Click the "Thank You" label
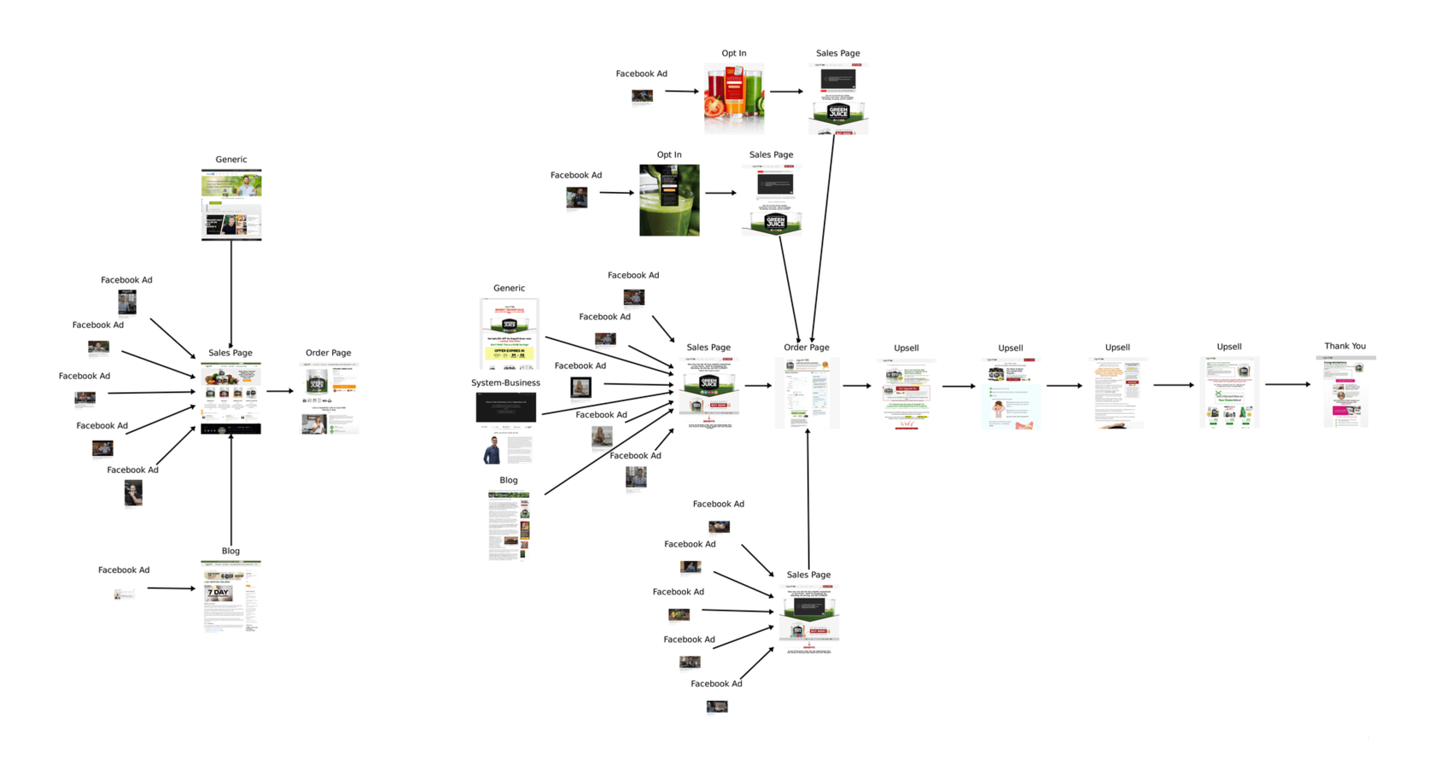click(1344, 346)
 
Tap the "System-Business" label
click(505, 383)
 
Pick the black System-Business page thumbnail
click(505, 407)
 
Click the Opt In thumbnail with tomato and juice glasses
click(734, 97)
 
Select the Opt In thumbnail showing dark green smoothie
click(669, 200)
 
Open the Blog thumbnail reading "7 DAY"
click(230, 596)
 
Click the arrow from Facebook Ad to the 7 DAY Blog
click(171, 588)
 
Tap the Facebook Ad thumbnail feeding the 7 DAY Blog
click(124, 593)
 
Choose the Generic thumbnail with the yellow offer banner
click(510, 333)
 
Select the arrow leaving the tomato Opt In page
click(786, 91)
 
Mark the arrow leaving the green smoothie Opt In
click(720, 193)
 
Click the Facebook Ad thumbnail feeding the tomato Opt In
click(642, 96)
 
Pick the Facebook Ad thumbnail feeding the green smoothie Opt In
click(577, 198)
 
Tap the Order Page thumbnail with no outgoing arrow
click(329, 399)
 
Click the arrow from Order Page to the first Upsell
click(857, 386)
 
